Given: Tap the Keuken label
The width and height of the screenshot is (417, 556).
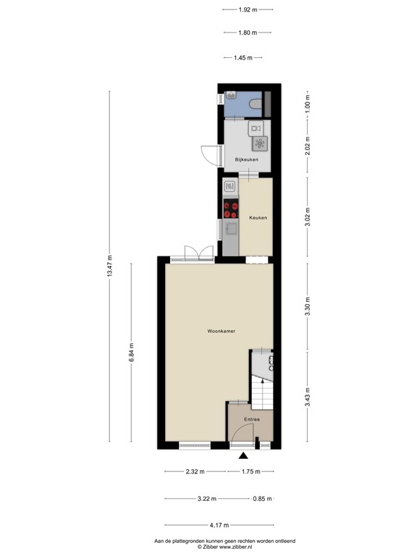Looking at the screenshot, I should pyautogui.click(x=258, y=217).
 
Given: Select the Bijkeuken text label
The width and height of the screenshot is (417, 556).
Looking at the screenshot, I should pyautogui.click(x=246, y=159).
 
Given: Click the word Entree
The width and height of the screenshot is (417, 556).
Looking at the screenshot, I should pyautogui.click(x=251, y=419).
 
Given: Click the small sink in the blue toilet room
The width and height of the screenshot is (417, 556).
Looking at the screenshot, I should pyautogui.click(x=230, y=96).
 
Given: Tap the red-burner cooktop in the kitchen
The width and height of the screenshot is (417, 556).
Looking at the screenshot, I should pyautogui.click(x=231, y=209).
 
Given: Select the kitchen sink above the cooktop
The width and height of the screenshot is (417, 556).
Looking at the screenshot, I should pyautogui.click(x=230, y=187).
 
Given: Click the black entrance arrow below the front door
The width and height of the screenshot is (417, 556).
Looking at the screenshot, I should pyautogui.click(x=243, y=456).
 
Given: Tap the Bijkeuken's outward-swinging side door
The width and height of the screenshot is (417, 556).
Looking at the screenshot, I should pyautogui.click(x=210, y=155).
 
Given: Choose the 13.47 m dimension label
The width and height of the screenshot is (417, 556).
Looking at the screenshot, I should pyautogui.click(x=110, y=267).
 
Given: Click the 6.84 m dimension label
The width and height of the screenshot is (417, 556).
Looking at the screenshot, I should pyautogui.click(x=131, y=354).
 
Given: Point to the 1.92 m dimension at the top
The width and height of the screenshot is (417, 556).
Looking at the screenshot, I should pyautogui.click(x=248, y=9).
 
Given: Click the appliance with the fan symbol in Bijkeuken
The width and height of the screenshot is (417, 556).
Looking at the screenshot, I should pyautogui.click(x=259, y=143).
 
